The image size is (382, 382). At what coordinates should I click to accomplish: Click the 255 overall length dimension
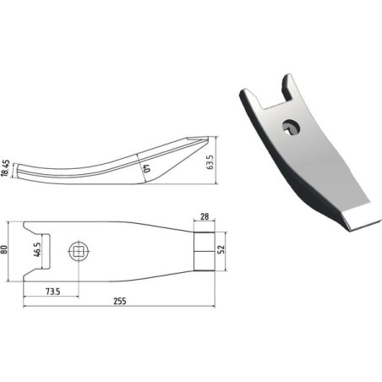(x=120, y=301)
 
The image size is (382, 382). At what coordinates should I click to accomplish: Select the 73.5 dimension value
(x=53, y=292)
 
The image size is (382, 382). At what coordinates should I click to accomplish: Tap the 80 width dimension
(x=4, y=249)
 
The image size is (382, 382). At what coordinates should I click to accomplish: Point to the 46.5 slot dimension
(x=37, y=249)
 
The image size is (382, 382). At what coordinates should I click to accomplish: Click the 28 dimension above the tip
(x=205, y=216)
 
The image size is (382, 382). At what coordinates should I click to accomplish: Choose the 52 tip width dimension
(x=222, y=249)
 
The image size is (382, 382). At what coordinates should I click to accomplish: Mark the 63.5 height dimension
(x=210, y=162)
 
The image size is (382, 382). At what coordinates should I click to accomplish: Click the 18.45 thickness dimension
(x=6, y=168)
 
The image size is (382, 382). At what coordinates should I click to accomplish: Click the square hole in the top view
(x=79, y=251)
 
